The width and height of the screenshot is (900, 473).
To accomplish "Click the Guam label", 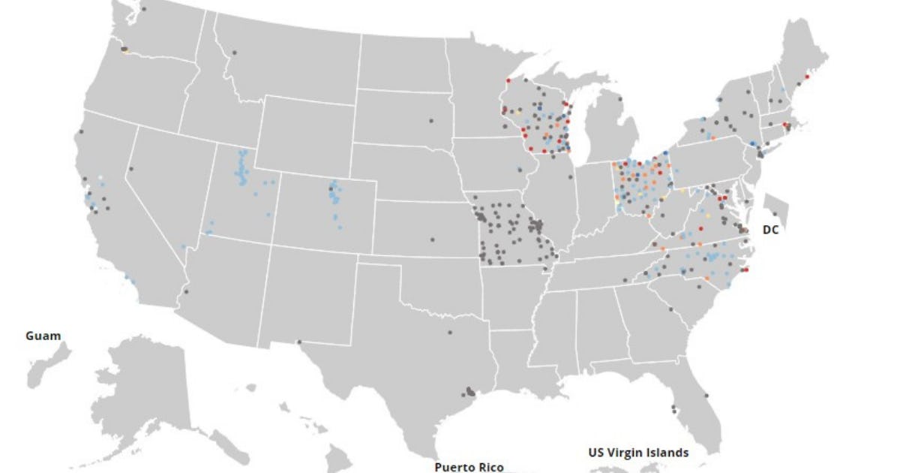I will tap(43, 336).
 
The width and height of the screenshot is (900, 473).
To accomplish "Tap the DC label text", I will tap(770, 230).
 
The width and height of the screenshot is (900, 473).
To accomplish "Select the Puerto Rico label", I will tap(469, 467).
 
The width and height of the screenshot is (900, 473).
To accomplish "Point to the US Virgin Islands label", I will tap(638, 452).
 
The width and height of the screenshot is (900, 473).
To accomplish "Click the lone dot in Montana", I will tap(234, 53).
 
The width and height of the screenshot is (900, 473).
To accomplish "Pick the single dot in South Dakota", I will tap(431, 120).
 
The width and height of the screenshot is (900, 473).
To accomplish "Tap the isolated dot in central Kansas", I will tap(432, 240).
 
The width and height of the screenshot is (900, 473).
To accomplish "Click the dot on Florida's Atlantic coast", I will tap(706, 396).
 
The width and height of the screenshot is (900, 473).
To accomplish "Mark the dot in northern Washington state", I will tap(143, 9).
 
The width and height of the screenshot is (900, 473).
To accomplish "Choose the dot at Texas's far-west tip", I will tap(299, 342).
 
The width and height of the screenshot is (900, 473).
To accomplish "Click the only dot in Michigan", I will tap(620, 98).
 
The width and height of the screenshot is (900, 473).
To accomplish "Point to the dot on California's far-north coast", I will tap(81, 132).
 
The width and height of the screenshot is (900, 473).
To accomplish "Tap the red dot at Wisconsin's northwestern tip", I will tap(508, 80).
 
